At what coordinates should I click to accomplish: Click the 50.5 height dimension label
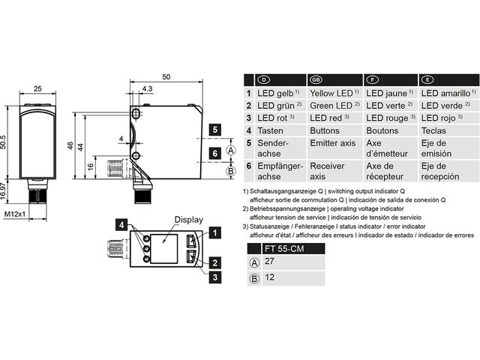[x=3, y=142]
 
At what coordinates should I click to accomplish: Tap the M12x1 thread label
[x=15, y=214]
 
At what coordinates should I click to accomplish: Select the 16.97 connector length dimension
[x=3, y=191]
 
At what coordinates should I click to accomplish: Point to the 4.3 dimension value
[x=147, y=88]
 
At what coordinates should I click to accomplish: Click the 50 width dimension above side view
[x=166, y=76]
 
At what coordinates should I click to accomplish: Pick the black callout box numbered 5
[x=215, y=130]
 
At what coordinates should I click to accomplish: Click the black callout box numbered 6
[x=215, y=153]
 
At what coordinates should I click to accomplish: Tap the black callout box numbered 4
[x=121, y=225]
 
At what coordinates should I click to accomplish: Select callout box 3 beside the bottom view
[x=215, y=277]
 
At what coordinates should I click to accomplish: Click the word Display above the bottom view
[x=188, y=220]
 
